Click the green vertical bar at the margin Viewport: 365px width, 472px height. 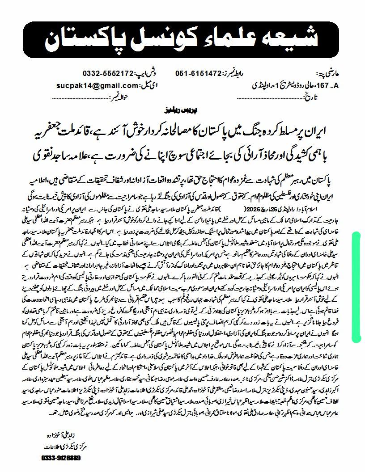(x=357, y=286)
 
